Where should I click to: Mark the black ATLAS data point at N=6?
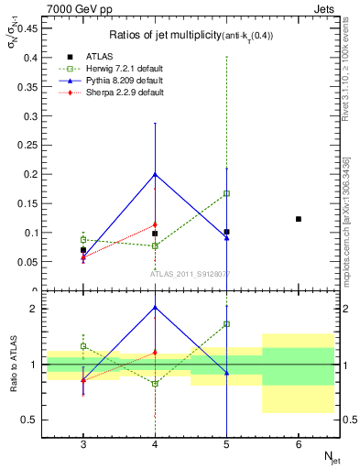pyautogui.click(x=299, y=219)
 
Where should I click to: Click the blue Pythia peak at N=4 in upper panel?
pyautogui.click(x=155, y=174)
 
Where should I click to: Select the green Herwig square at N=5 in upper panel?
pyautogui.click(x=226, y=193)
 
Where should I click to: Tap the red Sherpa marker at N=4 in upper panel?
pyautogui.click(x=155, y=224)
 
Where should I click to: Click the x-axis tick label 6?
pyautogui.click(x=299, y=443)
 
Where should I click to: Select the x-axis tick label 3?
pyautogui.click(x=83, y=443)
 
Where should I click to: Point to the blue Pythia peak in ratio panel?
pyautogui.click(x=155, y=307)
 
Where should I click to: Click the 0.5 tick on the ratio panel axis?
pyautogui.click(x=34, y=420)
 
